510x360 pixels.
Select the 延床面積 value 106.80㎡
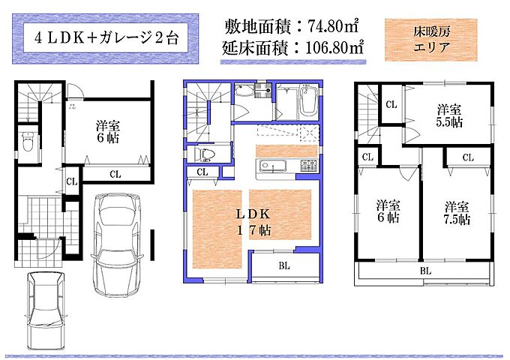point(334,48)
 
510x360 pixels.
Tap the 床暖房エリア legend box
point(431,40)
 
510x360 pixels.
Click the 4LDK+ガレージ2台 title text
point(106,38)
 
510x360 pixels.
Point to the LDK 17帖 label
point(253,222)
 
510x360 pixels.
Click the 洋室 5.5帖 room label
point(449,115)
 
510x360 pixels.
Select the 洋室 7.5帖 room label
point(457,213)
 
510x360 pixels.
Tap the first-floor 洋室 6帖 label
point(108,132)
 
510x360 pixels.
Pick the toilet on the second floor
point(202,154)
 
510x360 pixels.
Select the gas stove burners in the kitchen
point(308,166)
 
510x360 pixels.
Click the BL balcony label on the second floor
point(284,265)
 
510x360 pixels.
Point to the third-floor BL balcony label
point(425,271)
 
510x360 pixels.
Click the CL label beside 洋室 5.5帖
point(391,104)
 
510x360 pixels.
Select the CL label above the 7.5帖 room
point(468,157)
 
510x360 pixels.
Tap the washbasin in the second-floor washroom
point(244,90)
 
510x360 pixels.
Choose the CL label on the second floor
point(202,172)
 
